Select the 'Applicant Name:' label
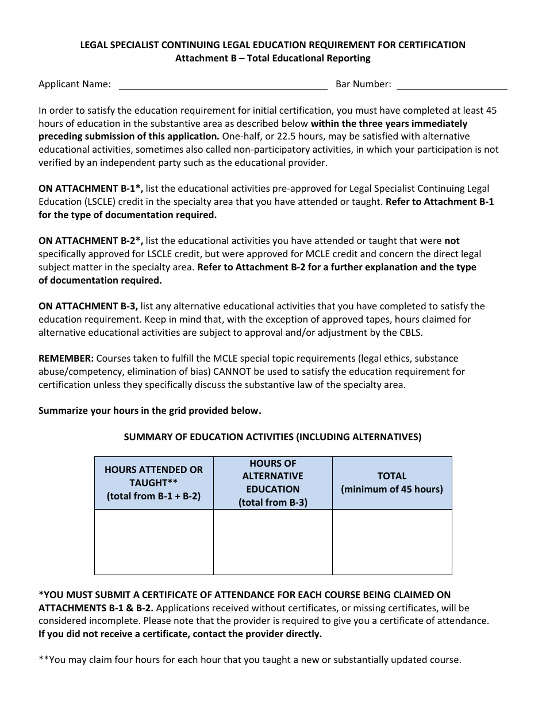point(75,84)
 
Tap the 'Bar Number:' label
point(363,84)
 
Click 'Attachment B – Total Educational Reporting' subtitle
point(273,58)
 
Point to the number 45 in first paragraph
point(491,110)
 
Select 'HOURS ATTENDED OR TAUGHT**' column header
point(153,483)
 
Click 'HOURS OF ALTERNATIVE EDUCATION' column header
point(273,483)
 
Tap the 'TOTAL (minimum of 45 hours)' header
point(392,483)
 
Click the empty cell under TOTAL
point(392,542)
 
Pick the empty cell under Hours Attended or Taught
point(153,542)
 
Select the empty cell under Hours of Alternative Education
point(273,542)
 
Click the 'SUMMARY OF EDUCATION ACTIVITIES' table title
point(273,437)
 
